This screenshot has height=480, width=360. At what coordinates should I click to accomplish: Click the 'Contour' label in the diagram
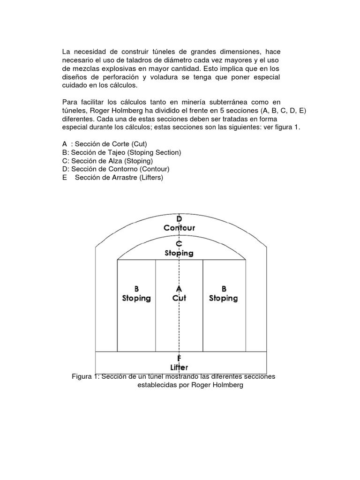point(179,228)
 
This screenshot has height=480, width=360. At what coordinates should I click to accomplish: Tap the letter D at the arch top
point(179,219)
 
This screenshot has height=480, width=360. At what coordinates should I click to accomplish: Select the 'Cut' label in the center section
point(179,298)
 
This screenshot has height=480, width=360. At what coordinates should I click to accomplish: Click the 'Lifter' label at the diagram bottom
point(179,367)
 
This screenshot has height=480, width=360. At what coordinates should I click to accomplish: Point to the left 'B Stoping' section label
point(136,293)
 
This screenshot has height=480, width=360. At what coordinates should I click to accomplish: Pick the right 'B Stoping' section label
point(224,293)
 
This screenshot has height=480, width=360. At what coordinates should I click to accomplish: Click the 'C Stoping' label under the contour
point(179,248)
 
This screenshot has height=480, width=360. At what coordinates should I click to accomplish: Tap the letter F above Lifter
point(179,359)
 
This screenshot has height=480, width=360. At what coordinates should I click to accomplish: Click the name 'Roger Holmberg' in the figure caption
point(217,385)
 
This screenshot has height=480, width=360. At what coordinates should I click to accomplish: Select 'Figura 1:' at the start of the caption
point(85,376)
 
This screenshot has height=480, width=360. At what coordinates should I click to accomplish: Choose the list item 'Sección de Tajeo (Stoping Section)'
point(126,152)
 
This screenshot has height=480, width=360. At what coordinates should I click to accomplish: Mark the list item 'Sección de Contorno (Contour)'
point(120,169)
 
